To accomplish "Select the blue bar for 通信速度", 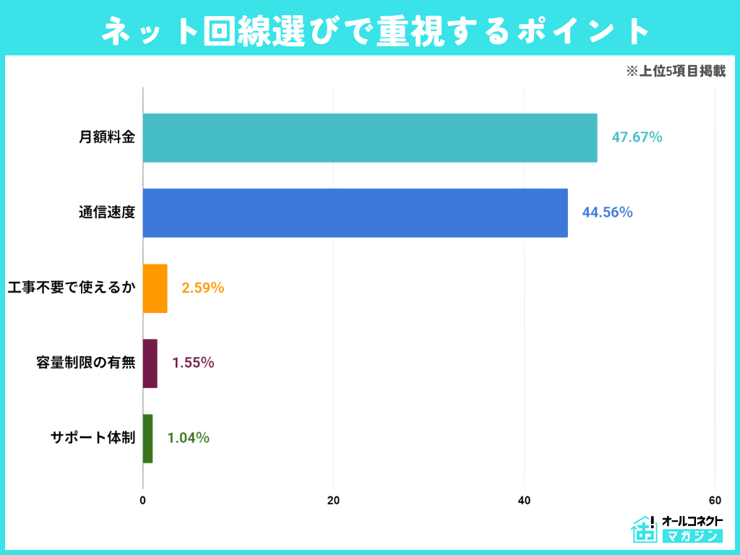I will (x=355, y=212).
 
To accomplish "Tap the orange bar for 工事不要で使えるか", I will (x=155, y=288).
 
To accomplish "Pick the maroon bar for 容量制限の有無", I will (x=150, y=363).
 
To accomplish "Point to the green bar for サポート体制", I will (x=148, y=439).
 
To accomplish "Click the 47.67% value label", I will (x=637, y=137).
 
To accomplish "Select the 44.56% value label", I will (x=607, y=212).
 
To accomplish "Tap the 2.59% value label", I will (x=203, y=288).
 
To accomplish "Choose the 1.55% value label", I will (x=193, y=363).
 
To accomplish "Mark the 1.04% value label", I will (x=189, y=439).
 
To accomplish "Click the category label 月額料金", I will (x=107, y=137).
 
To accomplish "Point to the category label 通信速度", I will (x=107, y=212).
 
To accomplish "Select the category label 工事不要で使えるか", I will (x=71, y=288).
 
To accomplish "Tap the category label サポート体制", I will (x=92, y=439).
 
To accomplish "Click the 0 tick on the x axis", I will (x=143, y=500).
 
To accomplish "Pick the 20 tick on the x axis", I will (x=333, y=500).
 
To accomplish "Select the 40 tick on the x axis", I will (x=524, y=500).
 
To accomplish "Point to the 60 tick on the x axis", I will (x=715, y=500).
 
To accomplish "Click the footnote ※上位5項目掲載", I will (x=676, y=72).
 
